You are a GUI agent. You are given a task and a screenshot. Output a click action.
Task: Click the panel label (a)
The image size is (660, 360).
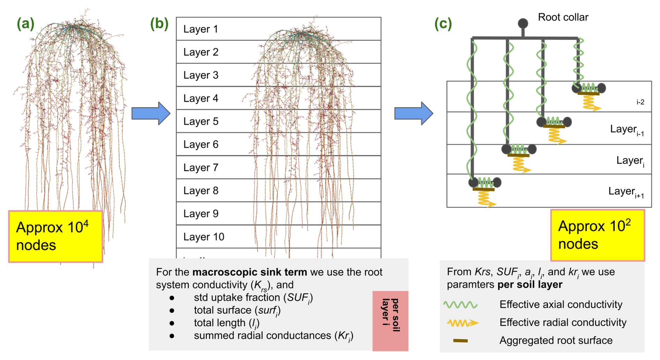point(25,24)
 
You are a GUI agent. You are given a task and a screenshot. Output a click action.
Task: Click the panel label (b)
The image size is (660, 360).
point(159,24)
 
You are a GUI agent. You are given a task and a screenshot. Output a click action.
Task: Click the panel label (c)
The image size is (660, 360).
point(443,24)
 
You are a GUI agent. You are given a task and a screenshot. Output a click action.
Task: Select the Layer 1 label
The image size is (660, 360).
point(201,29)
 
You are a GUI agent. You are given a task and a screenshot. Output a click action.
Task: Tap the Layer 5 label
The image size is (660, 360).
point(201,121)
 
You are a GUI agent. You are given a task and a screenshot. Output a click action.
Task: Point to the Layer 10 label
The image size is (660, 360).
point(204,237)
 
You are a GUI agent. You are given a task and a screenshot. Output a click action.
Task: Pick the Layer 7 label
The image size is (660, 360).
point(201,168)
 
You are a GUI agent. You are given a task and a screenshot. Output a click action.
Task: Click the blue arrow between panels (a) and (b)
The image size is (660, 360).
point(151,113)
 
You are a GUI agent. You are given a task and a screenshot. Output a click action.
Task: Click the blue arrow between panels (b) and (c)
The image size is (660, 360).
point(414,113)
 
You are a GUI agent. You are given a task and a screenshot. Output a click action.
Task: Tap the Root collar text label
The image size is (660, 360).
point(563,17)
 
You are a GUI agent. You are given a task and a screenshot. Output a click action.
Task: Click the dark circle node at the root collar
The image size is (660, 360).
point(523,23)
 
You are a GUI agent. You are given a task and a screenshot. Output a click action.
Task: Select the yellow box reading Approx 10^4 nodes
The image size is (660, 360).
point(55,236)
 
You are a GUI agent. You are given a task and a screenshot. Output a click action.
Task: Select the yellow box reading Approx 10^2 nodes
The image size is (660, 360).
point(598,235)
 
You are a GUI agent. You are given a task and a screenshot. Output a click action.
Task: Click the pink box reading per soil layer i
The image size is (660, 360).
point(390,320)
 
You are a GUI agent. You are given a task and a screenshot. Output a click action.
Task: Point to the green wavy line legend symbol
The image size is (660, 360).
point(460,305)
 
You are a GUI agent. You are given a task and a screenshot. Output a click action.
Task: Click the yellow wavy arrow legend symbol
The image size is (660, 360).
point(463,323)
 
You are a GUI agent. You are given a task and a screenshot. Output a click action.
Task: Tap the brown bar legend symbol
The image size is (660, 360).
point(460,340)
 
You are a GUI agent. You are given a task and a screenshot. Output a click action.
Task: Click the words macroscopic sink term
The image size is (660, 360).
point(249,272)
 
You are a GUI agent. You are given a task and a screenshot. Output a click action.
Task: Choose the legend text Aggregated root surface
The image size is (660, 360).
point(556,340)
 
